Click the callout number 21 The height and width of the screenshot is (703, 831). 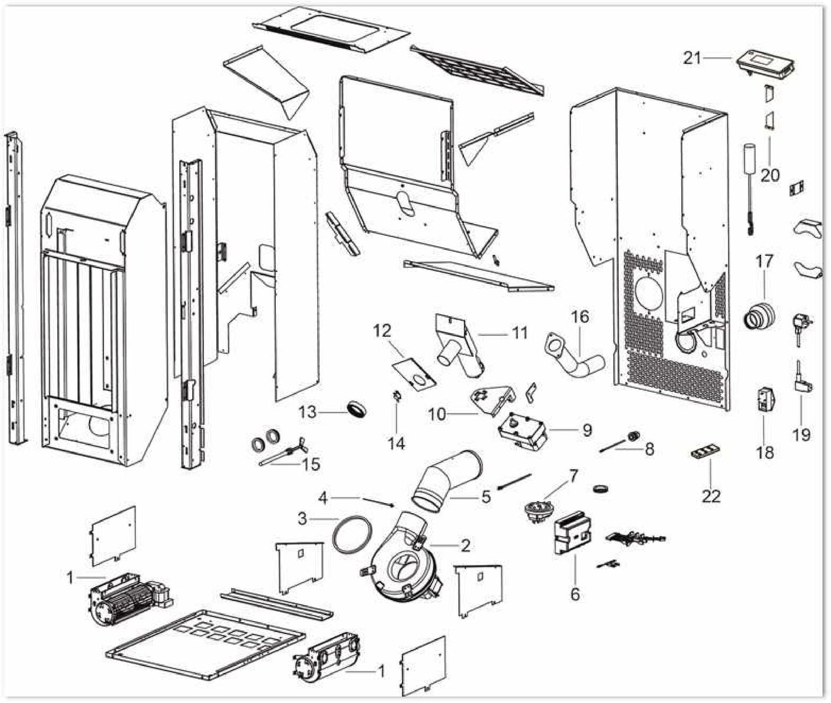pos(692,58)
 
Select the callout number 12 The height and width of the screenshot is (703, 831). pos(382,331)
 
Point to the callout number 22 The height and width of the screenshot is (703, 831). pos(711,496)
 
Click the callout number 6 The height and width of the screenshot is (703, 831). pos(575,593)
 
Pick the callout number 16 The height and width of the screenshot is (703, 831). pos(580,317)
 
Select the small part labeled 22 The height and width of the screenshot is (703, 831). pos(705,453)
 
